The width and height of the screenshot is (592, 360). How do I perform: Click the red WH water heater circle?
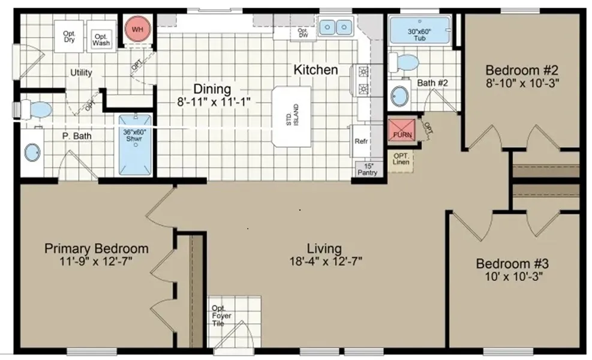(x=137, y=29)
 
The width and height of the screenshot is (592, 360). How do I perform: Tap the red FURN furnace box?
(x=402, y=130)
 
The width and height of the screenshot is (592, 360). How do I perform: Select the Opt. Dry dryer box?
(x=69, y=36)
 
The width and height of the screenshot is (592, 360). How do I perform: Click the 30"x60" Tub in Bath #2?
(x=420, y=30)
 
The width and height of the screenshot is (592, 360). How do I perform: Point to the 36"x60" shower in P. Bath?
(x=135, y=145)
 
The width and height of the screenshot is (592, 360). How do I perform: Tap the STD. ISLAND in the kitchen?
(x=292, y=116)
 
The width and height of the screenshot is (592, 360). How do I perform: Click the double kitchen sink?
(x=336, y=27)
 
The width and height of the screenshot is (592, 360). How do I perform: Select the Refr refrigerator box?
(x=361, y=141)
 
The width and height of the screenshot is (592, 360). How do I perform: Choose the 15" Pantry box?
(x=368, y=169)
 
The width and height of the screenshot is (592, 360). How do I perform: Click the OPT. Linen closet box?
(x=401, y=161)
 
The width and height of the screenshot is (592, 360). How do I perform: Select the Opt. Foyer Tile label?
(x=221, y=316)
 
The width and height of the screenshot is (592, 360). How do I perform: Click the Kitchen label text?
(x=315, y=70)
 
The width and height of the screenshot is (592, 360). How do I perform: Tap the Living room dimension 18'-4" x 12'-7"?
(x=326, y=261)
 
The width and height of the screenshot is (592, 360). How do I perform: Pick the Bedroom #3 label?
(x=512, y=263)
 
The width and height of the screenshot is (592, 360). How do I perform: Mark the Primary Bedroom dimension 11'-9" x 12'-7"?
(x=96, y=261)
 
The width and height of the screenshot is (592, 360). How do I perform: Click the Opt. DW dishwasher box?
(x=303, y=33)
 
